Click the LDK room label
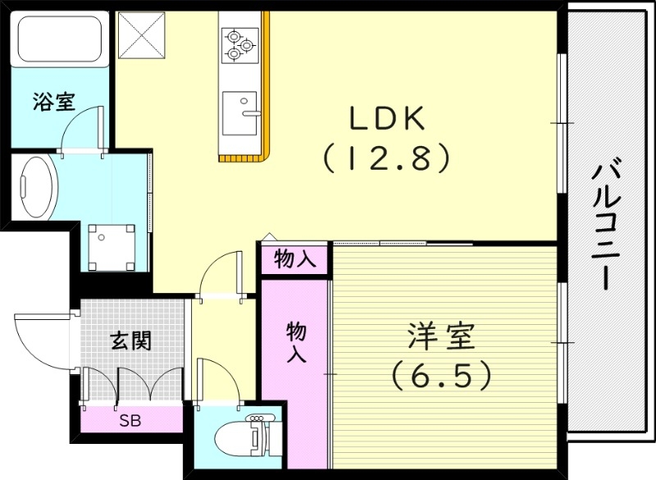[x=387, y=120]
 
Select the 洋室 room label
[x=441, y=337]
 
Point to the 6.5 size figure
[x=441, y=375]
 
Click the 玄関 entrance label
[x=130, y=340]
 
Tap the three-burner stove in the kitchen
[x=239, y=43]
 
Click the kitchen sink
[x=240, y=112]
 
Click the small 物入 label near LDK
[x=295, y=260]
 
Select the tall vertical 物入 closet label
[x=296, y=342]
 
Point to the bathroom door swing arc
[x=82, y=130]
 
